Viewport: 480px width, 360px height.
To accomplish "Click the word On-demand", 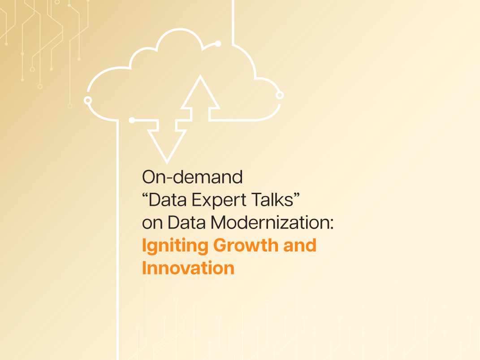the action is [192, 177].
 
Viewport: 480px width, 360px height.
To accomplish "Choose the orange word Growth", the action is [246, 245].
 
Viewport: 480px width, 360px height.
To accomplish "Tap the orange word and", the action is [300, 245].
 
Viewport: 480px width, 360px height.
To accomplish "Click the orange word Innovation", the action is [188, 268].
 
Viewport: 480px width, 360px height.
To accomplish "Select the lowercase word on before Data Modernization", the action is [152, 223].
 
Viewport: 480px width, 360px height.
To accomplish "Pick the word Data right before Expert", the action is [168, 200].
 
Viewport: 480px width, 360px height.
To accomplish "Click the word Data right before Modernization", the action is [186, 222].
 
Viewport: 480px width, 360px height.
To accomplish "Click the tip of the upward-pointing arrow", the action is [200, 76].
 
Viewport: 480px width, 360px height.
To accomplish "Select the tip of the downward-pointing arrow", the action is [167, 163].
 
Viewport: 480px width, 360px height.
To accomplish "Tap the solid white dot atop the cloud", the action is [218, 44].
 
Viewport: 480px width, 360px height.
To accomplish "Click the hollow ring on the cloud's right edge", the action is [280, 95].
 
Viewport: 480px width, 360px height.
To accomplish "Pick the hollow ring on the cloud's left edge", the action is [88, 100].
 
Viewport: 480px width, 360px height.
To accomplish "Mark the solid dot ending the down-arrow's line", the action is [132, 120].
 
